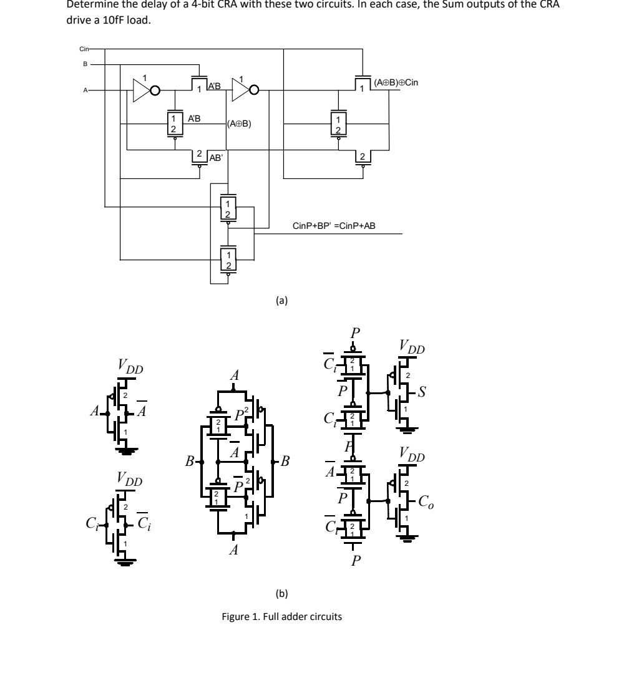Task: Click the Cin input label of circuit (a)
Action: coord(85,49)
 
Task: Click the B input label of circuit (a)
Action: coord(86,64)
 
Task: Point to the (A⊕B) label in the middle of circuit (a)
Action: coord(240,123)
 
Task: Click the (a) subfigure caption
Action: coord(281,300)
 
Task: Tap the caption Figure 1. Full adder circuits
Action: coord(282,617)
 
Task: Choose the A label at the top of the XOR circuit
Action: coord(235,375)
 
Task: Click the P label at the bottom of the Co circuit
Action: coord(355,560)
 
